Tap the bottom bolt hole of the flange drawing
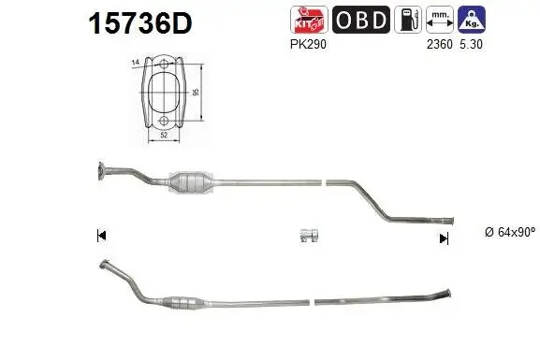tap(164, 121)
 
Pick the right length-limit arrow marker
tap(444, 238)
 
